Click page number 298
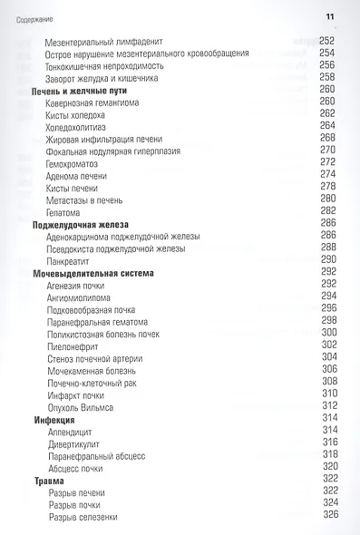tap(328, 320)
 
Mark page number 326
tap(328, 515)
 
